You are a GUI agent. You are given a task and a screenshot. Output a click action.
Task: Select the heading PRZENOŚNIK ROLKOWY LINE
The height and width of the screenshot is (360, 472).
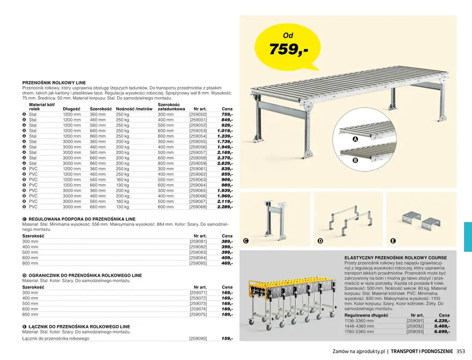coord(54,83)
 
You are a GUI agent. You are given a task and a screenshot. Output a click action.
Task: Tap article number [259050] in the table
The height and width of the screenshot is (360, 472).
coord(198,115)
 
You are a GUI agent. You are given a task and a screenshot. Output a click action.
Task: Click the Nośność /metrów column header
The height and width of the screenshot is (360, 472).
coord(134,109)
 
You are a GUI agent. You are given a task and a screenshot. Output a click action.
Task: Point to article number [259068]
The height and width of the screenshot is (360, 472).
coord(198,207)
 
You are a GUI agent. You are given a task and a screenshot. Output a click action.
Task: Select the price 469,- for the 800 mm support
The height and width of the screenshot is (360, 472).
coord(227,263)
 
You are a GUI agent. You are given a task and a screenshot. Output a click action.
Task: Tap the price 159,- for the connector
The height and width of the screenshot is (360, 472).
coord(227,338)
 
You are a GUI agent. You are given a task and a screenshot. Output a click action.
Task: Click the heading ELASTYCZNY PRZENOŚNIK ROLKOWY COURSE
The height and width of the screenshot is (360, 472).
coord(395,258)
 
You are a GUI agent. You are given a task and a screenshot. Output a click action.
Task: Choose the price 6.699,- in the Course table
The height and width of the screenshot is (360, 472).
coord(442,332)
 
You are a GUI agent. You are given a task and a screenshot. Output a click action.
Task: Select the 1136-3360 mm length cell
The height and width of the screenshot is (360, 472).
coord(359,321)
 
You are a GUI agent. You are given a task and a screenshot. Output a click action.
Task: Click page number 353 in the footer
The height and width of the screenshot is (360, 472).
coord(460,351)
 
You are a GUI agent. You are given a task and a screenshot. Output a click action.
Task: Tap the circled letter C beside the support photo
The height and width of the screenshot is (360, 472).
coord(245,241)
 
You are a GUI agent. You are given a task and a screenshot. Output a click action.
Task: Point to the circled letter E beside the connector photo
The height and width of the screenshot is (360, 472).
coord(393,241)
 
